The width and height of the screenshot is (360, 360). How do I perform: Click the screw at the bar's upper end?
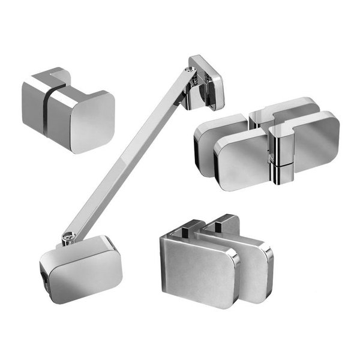[x=191, y=71]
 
